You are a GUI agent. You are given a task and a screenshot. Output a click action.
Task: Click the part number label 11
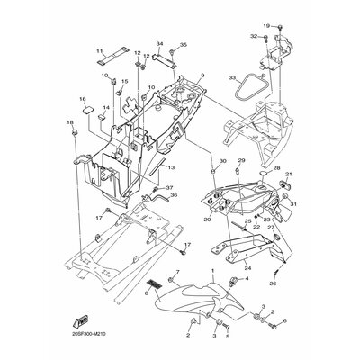point(100,51)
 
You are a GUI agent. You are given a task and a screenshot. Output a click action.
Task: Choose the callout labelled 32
point(254,36)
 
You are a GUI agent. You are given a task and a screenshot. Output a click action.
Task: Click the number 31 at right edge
point(293,203)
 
